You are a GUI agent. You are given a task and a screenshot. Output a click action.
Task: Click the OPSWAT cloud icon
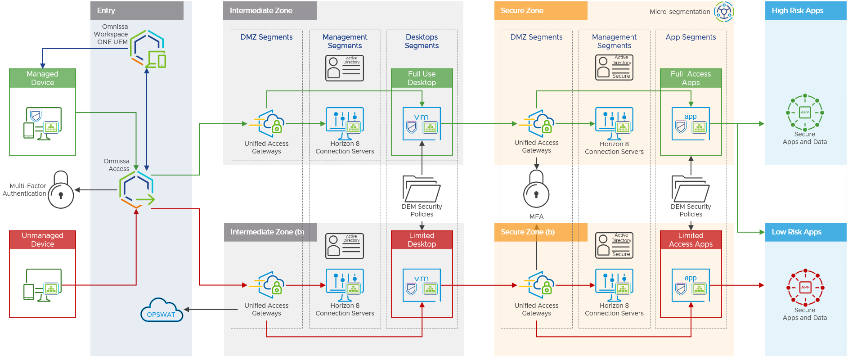162,310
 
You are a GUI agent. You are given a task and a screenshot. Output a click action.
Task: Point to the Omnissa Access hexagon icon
137,189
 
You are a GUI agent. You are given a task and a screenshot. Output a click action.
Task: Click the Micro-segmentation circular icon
724,12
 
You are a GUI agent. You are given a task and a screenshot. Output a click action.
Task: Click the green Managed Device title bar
43,78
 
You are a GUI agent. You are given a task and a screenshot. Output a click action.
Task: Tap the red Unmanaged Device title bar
43,240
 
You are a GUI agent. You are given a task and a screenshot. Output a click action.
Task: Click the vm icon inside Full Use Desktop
422,124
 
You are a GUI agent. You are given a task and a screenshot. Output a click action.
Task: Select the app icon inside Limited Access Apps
691,285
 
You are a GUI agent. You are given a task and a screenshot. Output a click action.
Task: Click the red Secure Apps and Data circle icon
805,287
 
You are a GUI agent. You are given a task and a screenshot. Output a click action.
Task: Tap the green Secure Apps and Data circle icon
805,112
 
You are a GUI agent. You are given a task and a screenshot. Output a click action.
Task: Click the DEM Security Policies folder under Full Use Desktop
422,189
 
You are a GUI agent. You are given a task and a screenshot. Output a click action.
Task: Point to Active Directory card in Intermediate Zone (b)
345,246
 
